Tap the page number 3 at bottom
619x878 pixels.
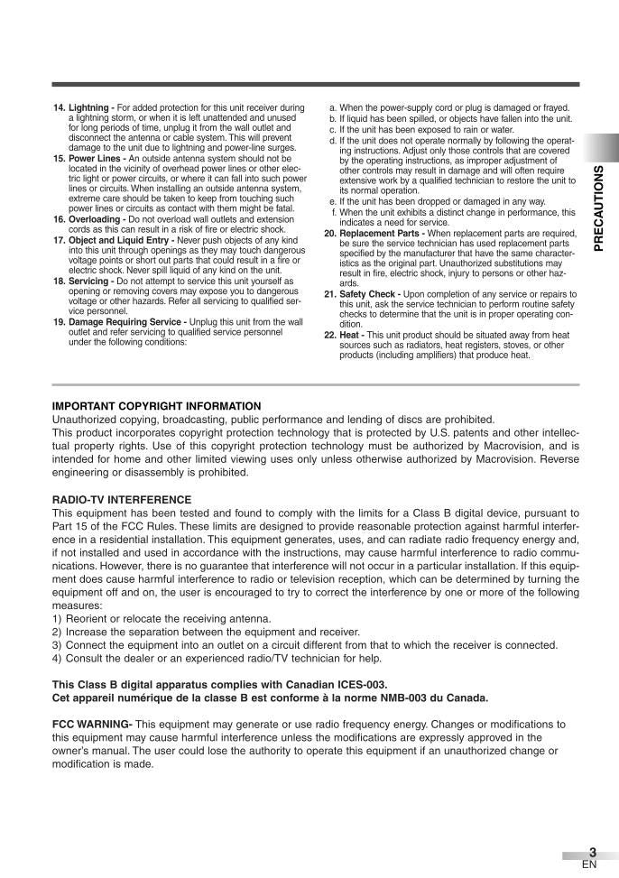592,852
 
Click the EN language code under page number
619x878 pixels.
589,864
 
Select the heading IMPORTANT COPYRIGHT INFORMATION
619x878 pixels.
156,406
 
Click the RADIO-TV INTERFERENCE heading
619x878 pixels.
122,499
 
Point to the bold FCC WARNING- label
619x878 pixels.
93,725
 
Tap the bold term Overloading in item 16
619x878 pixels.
97,219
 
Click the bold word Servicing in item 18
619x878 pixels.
89,281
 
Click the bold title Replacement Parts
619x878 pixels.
378,234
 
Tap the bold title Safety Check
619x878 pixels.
369,294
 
